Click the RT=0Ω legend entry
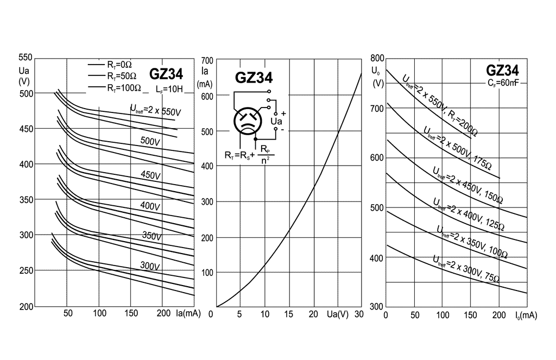pos(110,65)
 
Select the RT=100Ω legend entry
pos(115,87)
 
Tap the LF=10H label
pos(169,89)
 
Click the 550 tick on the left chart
pos(26,58)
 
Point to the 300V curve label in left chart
pos(150,266)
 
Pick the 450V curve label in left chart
pos(151,174)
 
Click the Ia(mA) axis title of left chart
pos(188,313)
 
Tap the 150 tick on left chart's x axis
pos(131,313)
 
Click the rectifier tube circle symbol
pos(248,121)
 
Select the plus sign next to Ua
pos(283,114)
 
